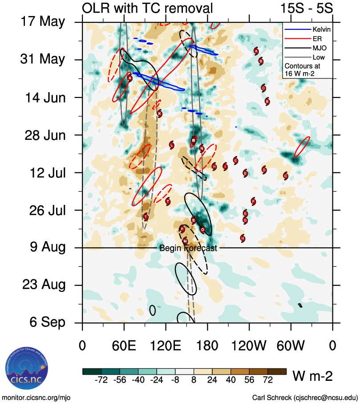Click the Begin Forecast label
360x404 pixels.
(188, 248)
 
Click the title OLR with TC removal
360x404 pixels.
(147, 8)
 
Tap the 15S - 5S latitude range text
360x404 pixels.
(307, 8)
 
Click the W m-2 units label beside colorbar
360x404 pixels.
(312, 376)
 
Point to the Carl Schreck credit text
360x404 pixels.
(305, 397)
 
